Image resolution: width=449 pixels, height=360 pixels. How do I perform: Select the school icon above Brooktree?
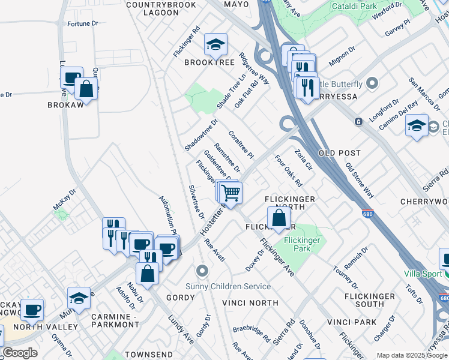point(215,44)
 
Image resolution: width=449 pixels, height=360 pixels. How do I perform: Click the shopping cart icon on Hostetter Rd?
point(231,193)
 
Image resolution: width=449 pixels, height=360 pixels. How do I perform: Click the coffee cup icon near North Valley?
point(32,310)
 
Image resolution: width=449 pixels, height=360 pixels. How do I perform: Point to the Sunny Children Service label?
point(236,286)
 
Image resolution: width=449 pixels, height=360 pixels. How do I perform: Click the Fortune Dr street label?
point(83,24)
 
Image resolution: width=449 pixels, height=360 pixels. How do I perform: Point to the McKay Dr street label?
point(64,199)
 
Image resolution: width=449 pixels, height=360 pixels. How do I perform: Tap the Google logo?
point(20,353)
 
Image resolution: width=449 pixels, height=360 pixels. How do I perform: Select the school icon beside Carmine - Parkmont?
point(79,298)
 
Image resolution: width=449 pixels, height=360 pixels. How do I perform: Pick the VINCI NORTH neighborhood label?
point(250,303)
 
